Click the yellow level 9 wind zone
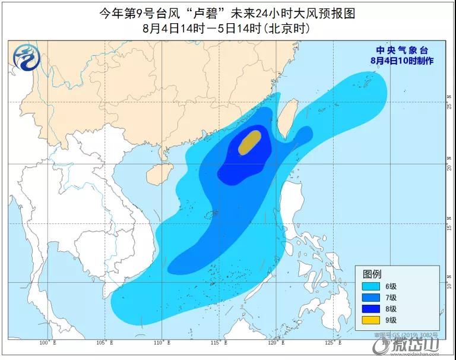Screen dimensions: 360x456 [249, 143]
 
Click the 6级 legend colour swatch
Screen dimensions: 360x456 [374, 286]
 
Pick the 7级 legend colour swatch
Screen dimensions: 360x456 [374, 298]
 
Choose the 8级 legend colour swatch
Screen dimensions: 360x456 [374, 309]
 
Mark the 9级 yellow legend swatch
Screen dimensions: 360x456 [374, 320]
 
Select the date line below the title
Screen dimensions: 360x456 [227, 28]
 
